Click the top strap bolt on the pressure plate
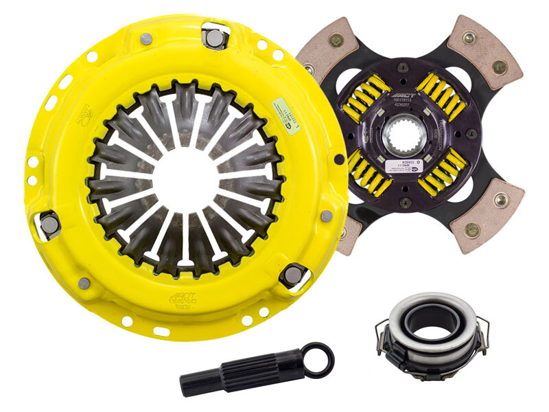215,38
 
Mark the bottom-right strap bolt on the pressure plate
292,275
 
